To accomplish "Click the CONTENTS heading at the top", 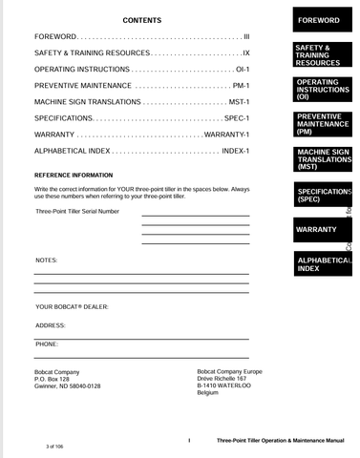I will point(142,20).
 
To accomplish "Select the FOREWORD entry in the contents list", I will point(55,35).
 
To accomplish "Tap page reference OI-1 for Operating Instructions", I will point(242,70).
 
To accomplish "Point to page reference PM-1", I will point(241,86).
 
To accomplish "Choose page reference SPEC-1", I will point(237,117).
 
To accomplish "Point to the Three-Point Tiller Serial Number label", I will point(77,211).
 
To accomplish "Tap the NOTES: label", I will point(47,260).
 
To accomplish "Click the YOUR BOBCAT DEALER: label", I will point(72,306).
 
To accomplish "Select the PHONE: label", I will point(47,343).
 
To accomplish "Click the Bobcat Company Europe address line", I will point(229,371).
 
